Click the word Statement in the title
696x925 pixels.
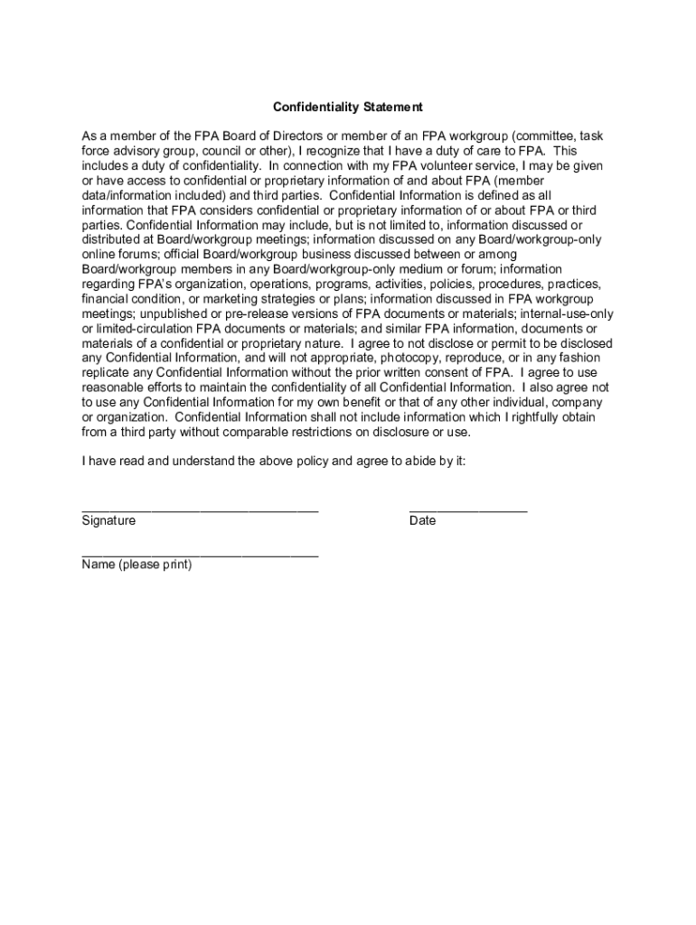(393, 107)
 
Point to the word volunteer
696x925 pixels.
(456, 166)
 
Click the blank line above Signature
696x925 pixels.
(200, 510)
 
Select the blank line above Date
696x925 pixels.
(468, 510)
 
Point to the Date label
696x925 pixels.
(422, 521)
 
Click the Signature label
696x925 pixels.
(108, 521)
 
